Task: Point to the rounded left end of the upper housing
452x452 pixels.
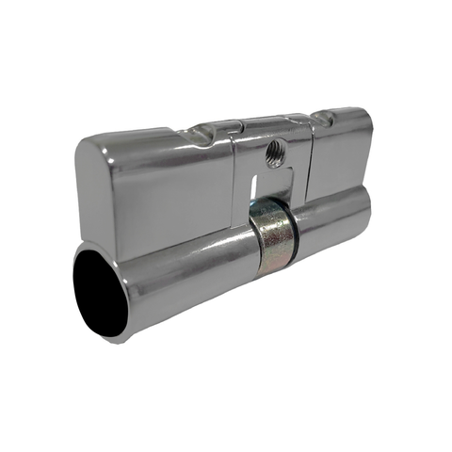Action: (x=82, y=179)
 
